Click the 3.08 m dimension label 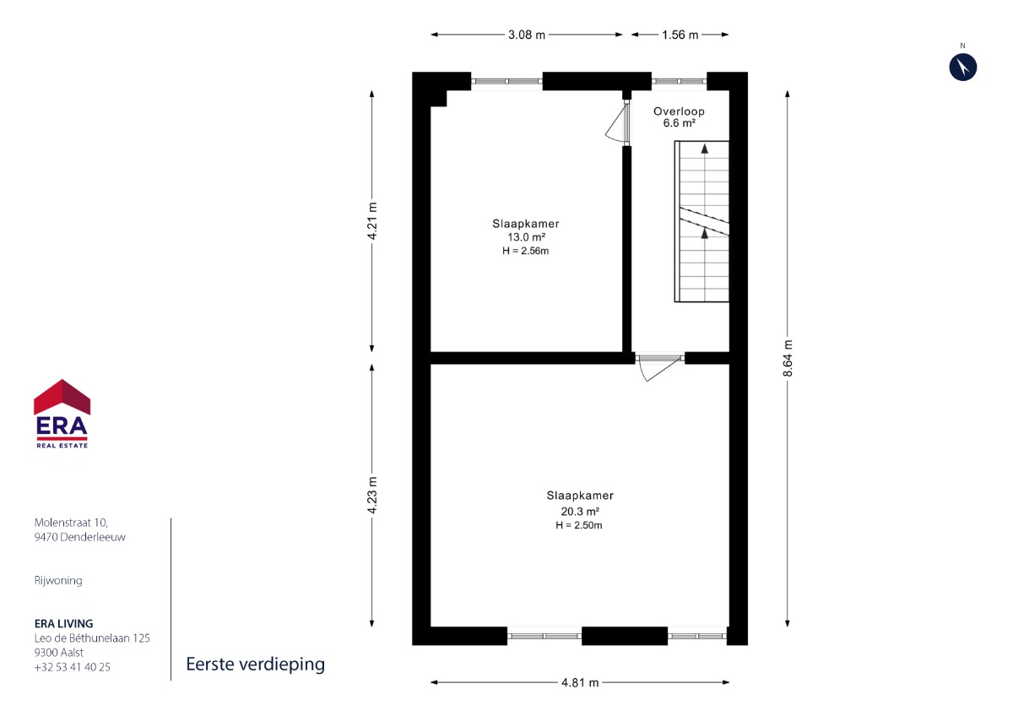527,35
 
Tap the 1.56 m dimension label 680,35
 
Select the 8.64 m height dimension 788,358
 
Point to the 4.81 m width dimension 580,682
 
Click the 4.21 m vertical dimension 371,220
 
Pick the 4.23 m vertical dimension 371,496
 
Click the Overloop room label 679,111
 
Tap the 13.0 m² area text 526,237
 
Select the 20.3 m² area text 580,512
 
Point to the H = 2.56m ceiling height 525,251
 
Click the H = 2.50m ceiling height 579,525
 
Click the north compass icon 963,68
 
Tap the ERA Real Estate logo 62,414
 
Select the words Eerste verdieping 256,664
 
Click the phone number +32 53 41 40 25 73,667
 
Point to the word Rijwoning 58,581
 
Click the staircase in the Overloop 702,221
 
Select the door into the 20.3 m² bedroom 660,368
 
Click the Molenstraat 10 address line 72,523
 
